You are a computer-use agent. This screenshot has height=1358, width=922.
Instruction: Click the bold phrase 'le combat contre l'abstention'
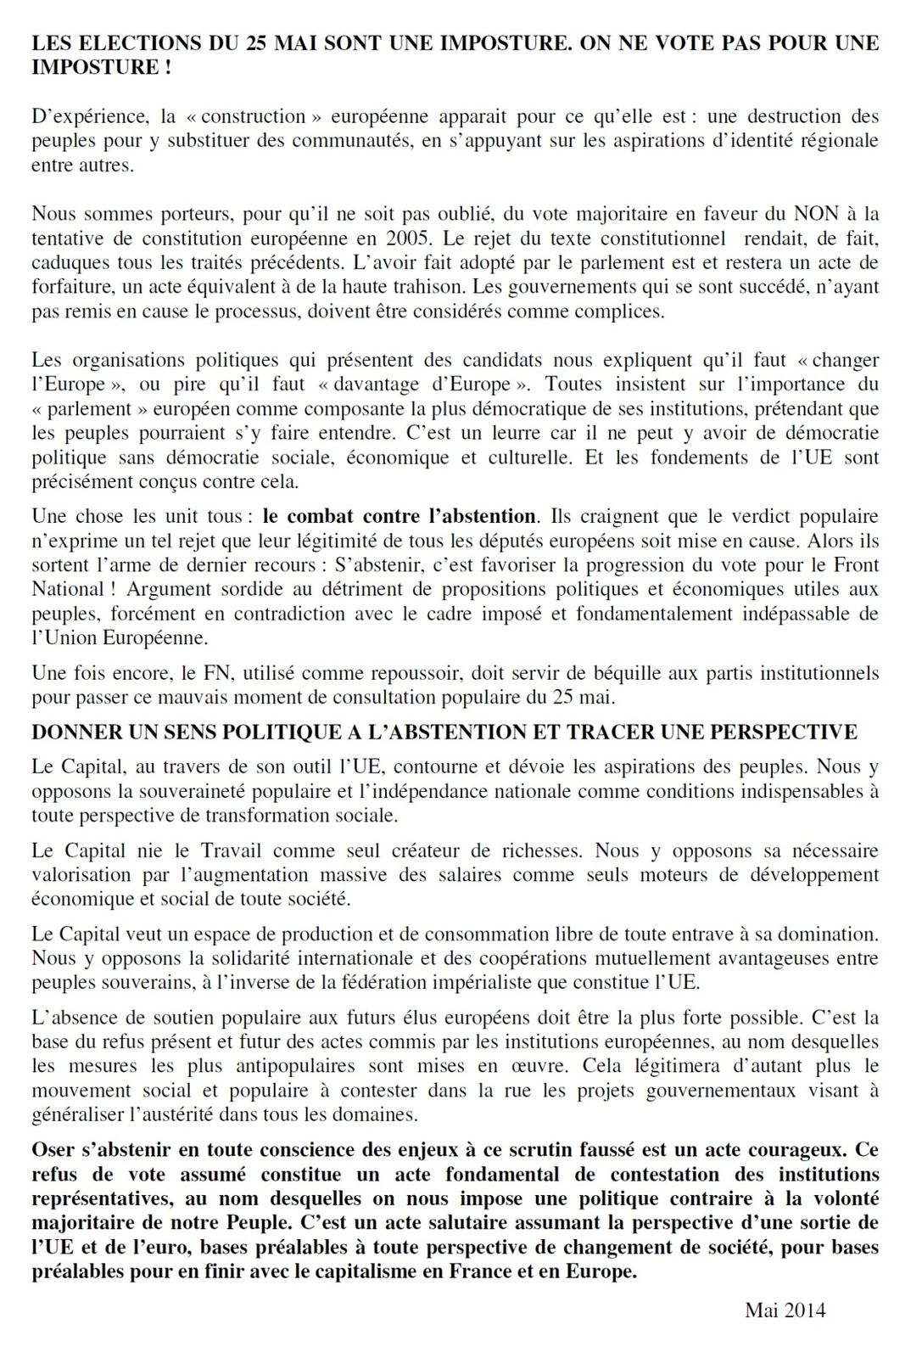[x=399, y=516]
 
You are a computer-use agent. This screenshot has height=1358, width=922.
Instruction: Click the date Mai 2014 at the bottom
[x=784, y=1310]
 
